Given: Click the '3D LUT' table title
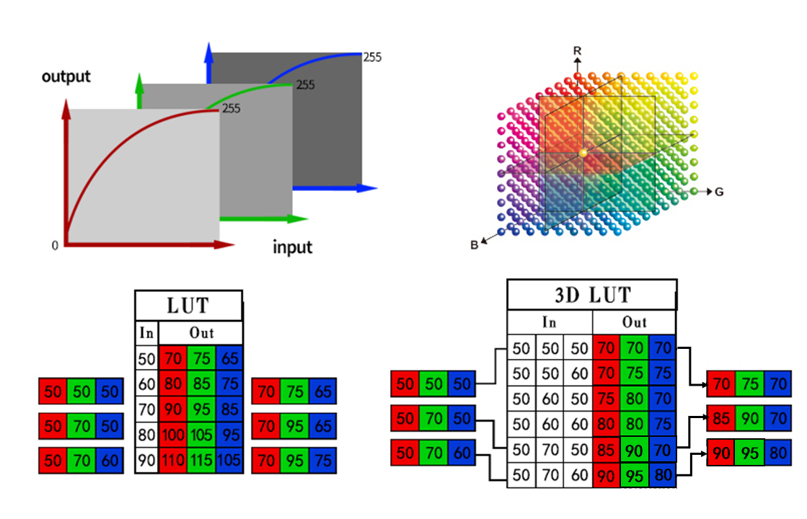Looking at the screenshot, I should [591, 295].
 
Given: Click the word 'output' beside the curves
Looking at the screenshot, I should [66, 76].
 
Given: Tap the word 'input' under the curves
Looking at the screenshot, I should [293, 247].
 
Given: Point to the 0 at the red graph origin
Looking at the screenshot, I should [55, 246].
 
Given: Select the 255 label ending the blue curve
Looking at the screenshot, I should [372, 56].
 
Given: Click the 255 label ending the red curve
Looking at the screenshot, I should [231, 109].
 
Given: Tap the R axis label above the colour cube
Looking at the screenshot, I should [577, 50].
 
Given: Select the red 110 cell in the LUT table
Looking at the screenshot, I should [172, 460].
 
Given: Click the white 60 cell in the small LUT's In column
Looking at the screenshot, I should [146, 384].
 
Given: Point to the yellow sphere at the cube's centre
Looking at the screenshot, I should [583, 154].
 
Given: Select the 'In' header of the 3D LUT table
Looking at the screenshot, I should [550, 321].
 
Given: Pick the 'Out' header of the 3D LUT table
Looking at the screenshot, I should [634, 321].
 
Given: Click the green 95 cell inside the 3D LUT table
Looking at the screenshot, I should [635, 476].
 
